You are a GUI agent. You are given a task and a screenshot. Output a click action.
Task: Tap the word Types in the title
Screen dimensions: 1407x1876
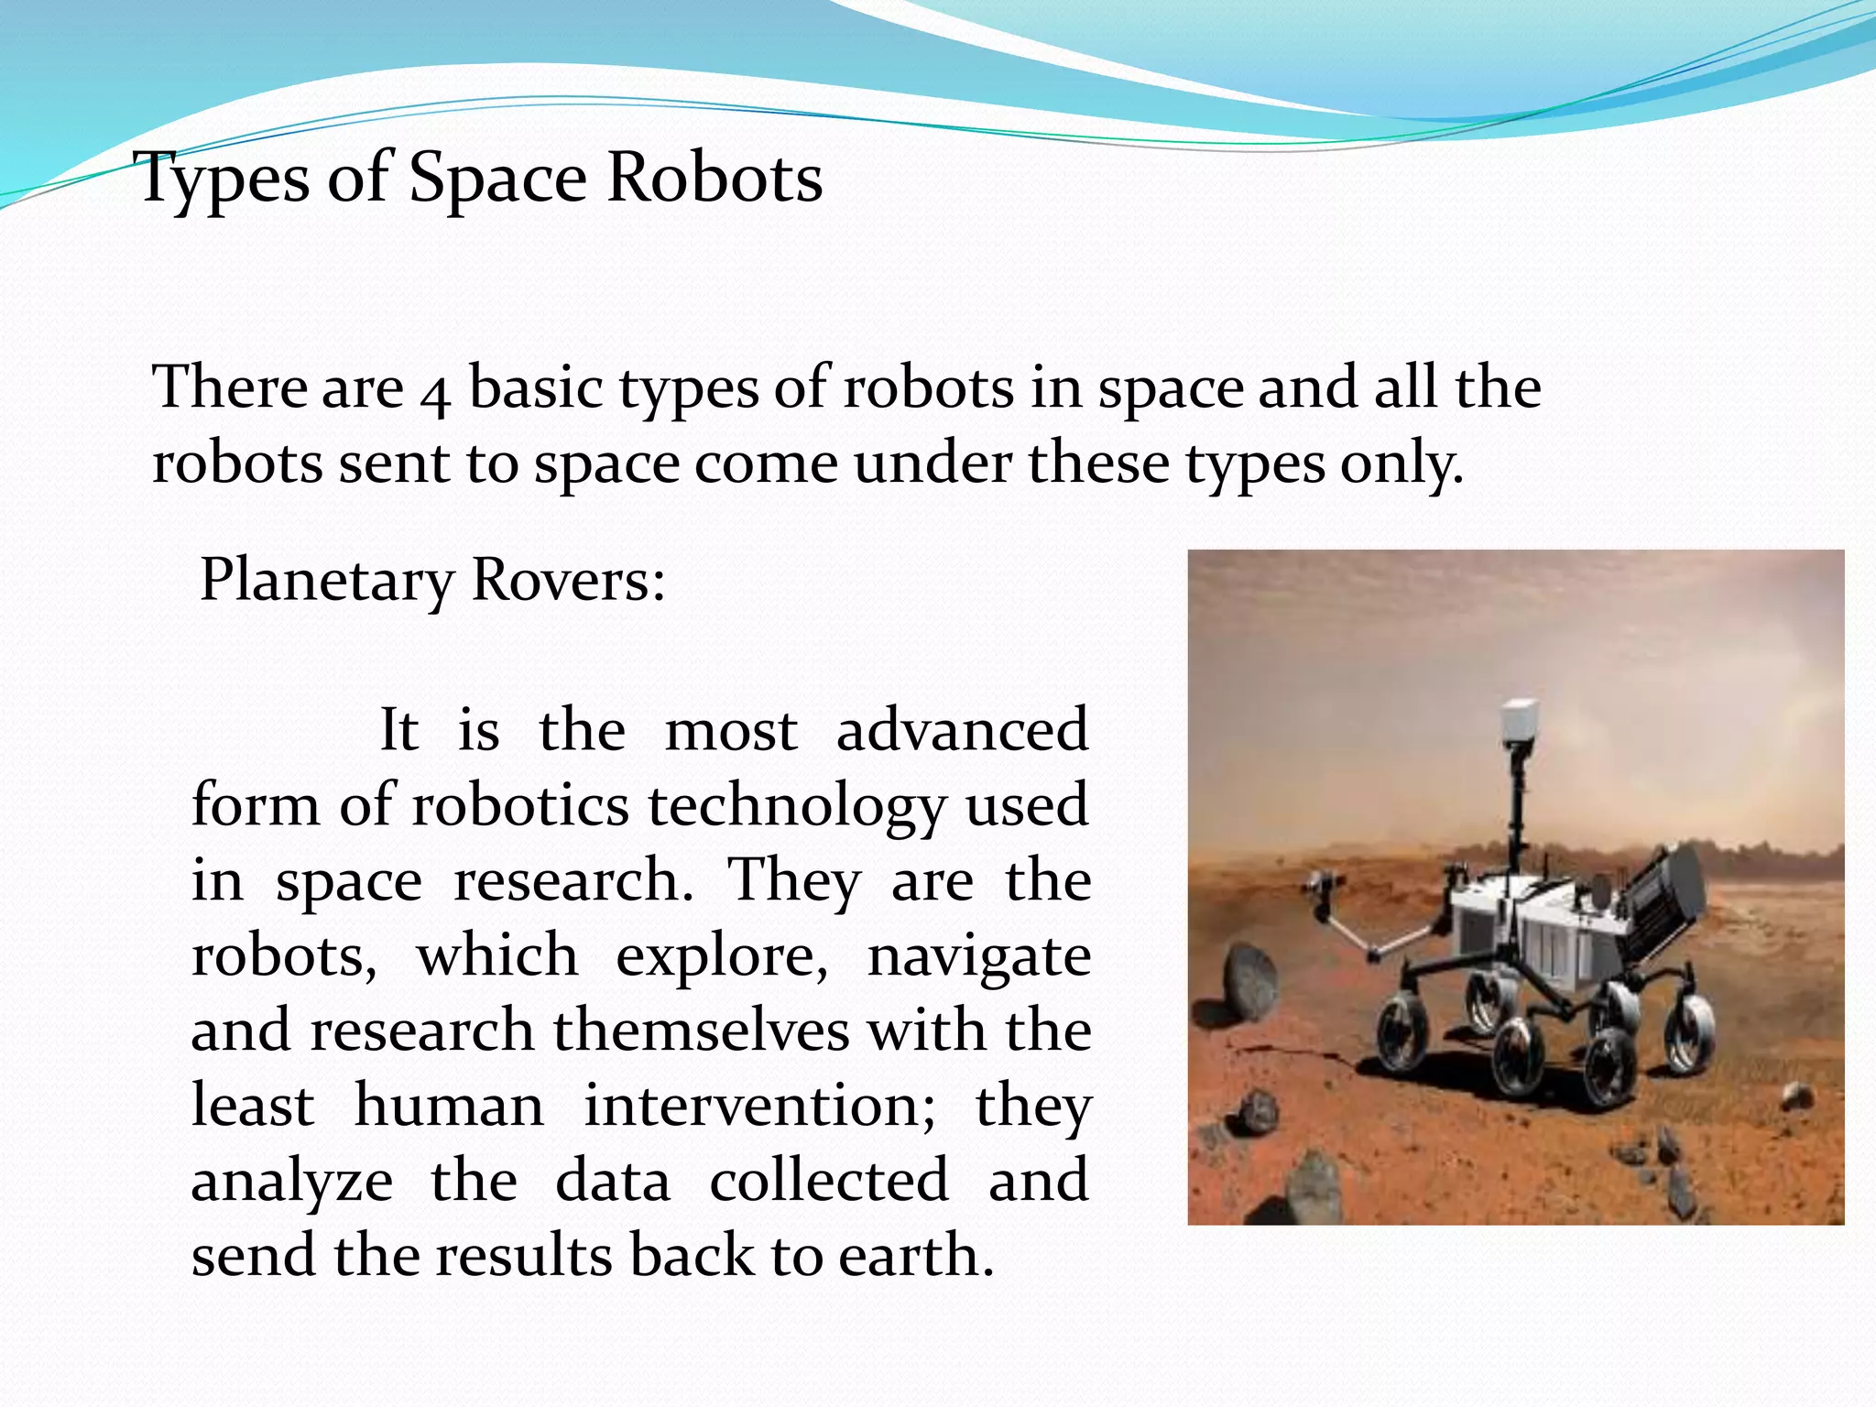click(224, 179)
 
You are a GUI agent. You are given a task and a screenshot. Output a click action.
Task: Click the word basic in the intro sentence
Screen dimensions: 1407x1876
click(535, 387)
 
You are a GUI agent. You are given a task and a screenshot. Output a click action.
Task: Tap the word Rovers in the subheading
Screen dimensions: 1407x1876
click(567, 580)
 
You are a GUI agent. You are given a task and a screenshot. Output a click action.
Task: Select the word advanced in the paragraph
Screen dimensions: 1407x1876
click(962, 730)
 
